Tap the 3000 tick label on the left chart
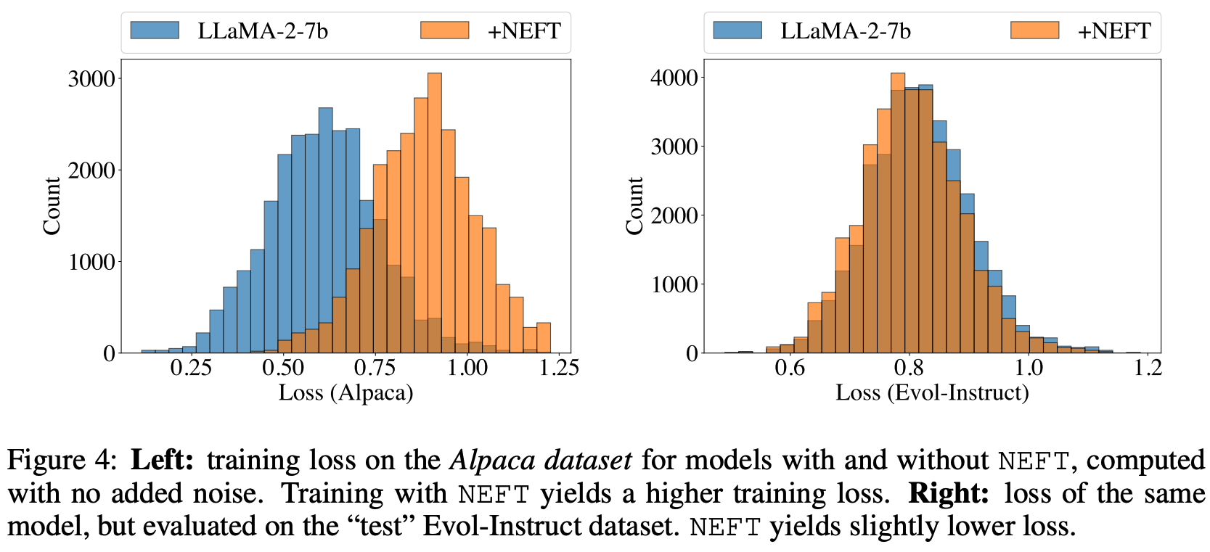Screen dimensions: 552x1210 [91, 78]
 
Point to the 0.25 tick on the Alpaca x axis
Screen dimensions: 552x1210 [191, 368]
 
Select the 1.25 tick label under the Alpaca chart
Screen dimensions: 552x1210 [558, 368]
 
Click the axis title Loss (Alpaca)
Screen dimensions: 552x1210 [346, 392]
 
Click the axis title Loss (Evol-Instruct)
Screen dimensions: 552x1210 [932, 392]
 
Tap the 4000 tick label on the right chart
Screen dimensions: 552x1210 [674, 78]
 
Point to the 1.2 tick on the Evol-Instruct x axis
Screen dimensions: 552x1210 [1147, 368]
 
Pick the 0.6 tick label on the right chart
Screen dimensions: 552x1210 [790, 368]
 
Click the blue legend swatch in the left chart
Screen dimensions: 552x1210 [155, 30]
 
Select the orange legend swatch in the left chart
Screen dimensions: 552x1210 [445, 30]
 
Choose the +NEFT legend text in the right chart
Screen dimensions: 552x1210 [1113, 31]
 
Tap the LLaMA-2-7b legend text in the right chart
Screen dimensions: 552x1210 [845, 31]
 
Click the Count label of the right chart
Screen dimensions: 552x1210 [634, 206]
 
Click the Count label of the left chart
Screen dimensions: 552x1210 [52, 206]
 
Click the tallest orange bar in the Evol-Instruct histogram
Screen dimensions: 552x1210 [898, 218]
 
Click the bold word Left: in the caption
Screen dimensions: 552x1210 [162, 460]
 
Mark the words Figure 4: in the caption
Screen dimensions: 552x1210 [61, 460]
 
